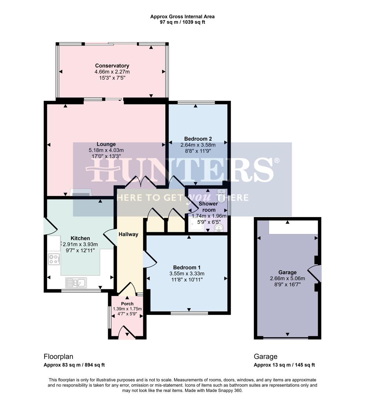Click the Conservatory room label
click(112, 66)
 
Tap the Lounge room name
click(106, 144)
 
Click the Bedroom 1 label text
click(187, 267)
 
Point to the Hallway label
click(128, 234)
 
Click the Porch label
click(127, 304)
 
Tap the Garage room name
click(288, 273)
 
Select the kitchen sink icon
click(76, 283)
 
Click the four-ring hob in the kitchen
click(54, 259)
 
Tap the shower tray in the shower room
click(195, 224)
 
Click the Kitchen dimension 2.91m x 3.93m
click(80, 244)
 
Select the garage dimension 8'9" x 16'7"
click(288, 284)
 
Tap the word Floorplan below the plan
click(58, 357)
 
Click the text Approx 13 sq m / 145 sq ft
click(284, 365)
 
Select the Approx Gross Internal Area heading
click(182, 16)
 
